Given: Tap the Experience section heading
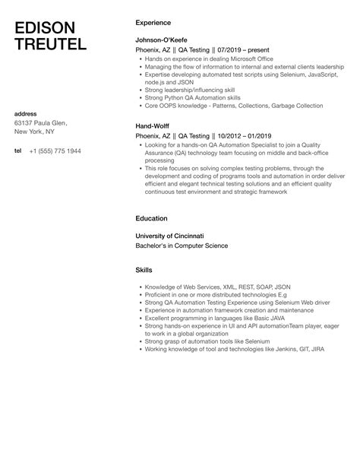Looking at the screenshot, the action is [152, 23].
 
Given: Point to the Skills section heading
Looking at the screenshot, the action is [144, 270].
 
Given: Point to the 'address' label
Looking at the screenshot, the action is [26, 112].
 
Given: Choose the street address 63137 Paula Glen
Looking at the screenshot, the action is [42, 122].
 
